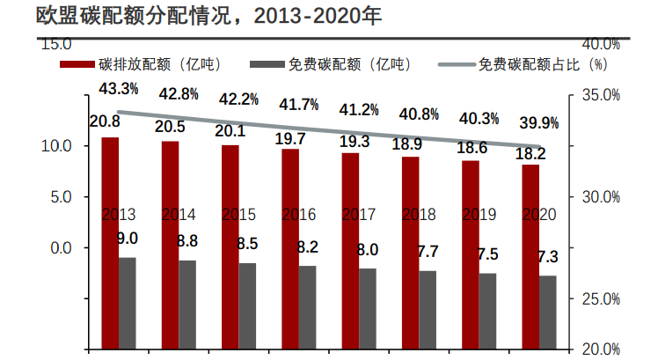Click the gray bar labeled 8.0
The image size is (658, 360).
tap(367, 307)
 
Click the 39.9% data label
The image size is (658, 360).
tap(537, 122)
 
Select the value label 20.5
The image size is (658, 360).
tap(170, 126)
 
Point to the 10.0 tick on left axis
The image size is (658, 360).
tap(57, 146)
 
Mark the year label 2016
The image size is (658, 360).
tap(298, 214)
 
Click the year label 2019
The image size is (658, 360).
tap(479, 214)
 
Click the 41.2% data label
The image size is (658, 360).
tap(359, 109)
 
